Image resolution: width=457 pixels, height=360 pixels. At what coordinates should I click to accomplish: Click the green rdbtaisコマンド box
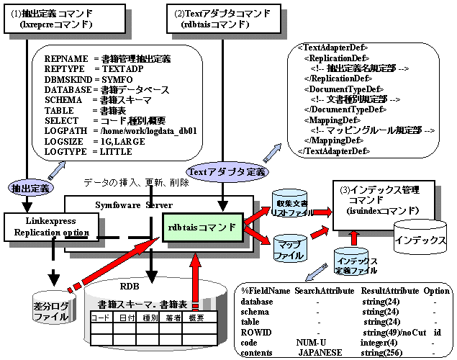[x=202, y=228]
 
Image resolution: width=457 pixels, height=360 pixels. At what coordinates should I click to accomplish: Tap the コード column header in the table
[x=100, y=318]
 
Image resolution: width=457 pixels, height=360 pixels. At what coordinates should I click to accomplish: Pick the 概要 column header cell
[x=205, y=318]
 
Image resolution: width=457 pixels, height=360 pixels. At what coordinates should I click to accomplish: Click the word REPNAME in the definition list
[x=65, y=58]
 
